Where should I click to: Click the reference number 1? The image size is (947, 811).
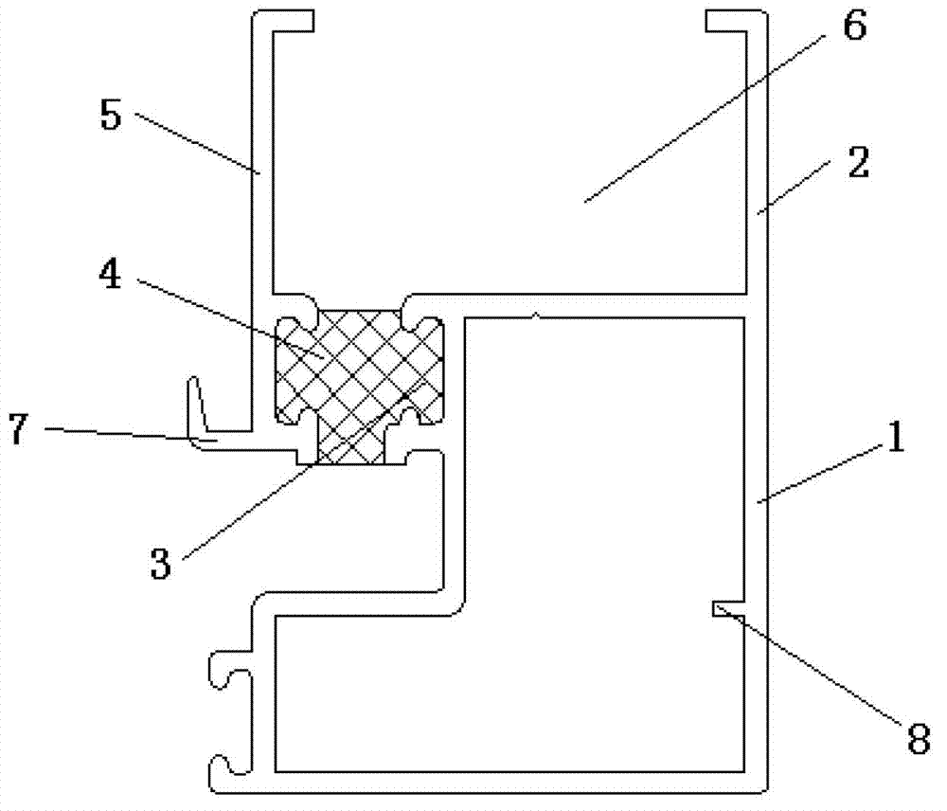point(896,437)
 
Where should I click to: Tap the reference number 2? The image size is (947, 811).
point(859,162)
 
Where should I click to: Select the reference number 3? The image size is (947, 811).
point(161,564)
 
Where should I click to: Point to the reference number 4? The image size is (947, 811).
point(110,275)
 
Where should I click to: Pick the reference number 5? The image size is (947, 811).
point(111,115)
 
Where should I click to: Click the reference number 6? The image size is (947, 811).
point(854,26)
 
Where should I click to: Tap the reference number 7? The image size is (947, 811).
point(17,429)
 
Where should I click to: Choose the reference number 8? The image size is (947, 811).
point(919,738)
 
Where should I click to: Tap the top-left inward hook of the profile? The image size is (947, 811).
point(284,21)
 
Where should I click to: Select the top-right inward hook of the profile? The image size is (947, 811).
point(736,21)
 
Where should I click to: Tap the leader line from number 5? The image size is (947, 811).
point(198,143)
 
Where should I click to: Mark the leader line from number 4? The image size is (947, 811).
point(229,318)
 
